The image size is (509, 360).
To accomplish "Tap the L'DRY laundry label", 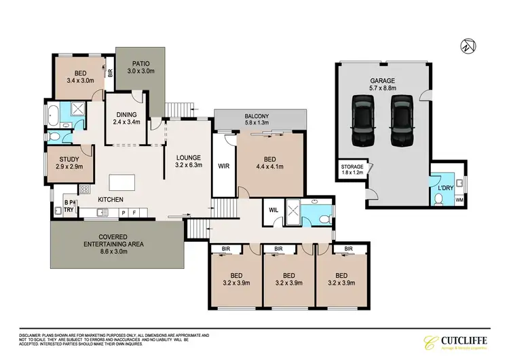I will (x=446, y=187).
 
